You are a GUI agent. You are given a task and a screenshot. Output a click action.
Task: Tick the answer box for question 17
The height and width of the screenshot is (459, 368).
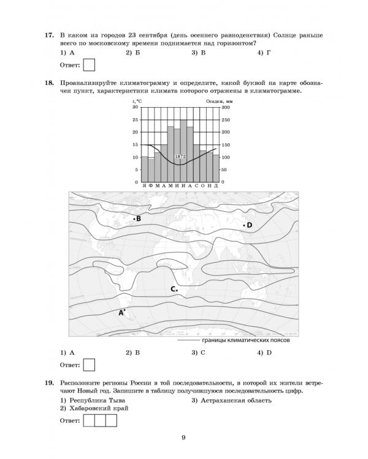89,64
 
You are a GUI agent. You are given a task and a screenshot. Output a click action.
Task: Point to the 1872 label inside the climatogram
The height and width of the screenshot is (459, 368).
180,157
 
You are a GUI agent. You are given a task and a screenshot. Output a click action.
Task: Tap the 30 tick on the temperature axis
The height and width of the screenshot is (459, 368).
137,107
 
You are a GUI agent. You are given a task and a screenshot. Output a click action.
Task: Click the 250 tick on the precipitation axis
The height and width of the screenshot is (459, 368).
225,119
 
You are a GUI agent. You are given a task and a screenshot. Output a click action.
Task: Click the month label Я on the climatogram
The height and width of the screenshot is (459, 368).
144,185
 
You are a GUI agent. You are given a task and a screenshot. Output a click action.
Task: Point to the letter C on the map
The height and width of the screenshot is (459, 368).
174,288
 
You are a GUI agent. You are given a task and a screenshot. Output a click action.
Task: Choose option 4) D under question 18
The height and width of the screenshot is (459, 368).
264,353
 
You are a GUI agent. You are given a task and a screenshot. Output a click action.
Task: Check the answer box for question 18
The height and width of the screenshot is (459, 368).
89,364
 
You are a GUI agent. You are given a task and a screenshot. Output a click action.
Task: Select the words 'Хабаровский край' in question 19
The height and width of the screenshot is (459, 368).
98,408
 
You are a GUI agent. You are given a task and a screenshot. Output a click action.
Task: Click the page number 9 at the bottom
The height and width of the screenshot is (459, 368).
183,436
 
